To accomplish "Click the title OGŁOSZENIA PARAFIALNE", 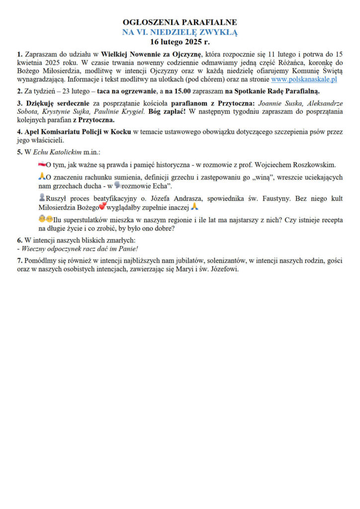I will (180, 22).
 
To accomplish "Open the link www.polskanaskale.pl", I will (304, 79).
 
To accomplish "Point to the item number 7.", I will (19, 260).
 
